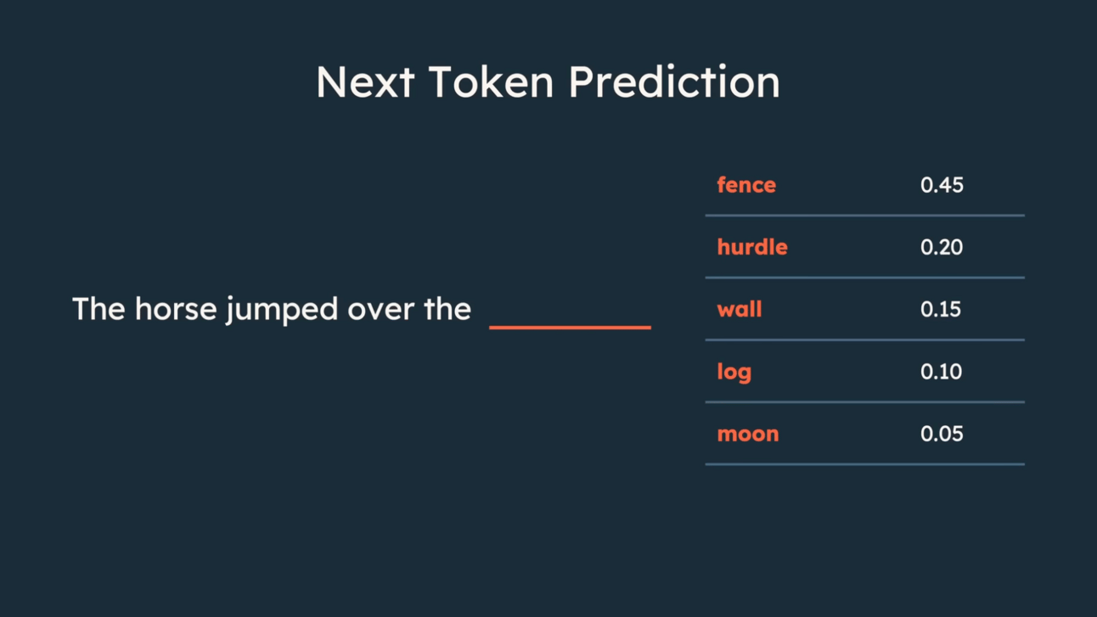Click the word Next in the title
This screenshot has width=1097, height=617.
(365, 81)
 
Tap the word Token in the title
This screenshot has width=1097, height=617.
(491, 81)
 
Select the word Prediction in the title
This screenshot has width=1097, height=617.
(674, 81)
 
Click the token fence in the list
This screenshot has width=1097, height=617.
(746, 185)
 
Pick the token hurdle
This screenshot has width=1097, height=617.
(752, 247)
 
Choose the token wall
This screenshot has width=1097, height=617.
(740, 309)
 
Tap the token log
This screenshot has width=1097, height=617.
(734, 373)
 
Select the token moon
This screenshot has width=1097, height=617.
(748, 435)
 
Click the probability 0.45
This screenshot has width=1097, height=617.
(942, 185)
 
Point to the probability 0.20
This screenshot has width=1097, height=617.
(942, 247)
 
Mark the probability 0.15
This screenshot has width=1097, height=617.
(941, 310)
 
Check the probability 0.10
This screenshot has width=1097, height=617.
(942, 372)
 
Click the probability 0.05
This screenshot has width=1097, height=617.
(942, 434)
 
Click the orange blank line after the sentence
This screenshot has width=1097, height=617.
(570, 327)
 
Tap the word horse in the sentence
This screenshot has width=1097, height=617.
(176, 309)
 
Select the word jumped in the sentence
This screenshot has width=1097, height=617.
(282, 310)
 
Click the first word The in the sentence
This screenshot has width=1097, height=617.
(99, 309)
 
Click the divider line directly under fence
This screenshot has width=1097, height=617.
(865, 216)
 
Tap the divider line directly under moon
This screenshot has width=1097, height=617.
(865, 464)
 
